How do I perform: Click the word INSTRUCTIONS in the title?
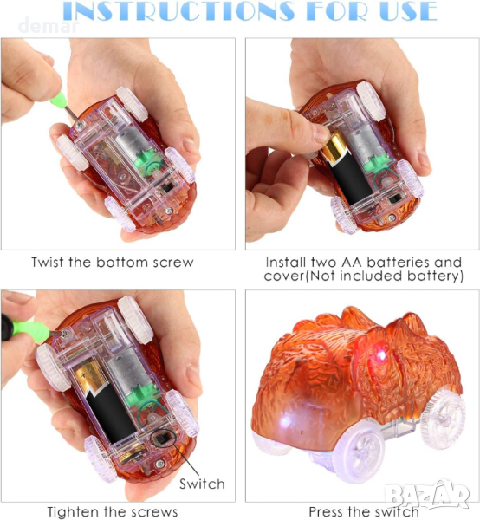point(178,10)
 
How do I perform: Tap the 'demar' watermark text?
point(49,26)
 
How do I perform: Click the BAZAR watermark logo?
point(428,496)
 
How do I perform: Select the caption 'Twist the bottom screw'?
point(113,263)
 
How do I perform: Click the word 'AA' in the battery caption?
point(352,263)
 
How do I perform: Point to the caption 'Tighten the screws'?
point(113,511)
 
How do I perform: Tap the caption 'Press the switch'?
point(364,511)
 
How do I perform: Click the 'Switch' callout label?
point(202,484)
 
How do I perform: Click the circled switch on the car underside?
point(162,439)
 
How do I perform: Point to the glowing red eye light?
point(381,355)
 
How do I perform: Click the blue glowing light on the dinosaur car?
point(285,422)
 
